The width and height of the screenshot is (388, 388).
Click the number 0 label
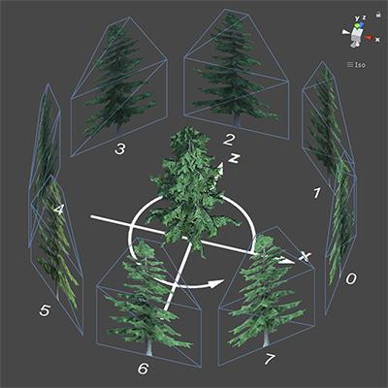(351, 278)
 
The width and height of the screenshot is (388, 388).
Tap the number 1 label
(316, 193)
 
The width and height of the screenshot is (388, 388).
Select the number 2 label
(228, 140)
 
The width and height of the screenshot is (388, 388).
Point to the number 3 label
(120, 149)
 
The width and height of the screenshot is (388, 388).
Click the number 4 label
(58, 210)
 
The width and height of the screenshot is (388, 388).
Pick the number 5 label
(44, 311)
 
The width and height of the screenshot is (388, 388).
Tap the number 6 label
(143, 369)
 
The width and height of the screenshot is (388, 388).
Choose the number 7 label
(269, 359)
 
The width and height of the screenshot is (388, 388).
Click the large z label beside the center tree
(234, 157)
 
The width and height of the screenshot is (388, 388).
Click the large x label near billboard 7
(304, 256)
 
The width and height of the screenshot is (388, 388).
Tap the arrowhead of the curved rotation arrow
(216, 283)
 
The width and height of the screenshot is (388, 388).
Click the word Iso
(360, 65)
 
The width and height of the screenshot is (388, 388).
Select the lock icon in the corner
(377, 15)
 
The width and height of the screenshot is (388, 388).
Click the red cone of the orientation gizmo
(368, 38)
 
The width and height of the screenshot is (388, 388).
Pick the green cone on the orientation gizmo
(357, 25)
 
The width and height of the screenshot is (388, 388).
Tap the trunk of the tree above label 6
(149, 347)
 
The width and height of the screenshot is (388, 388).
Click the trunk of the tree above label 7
(266, 339)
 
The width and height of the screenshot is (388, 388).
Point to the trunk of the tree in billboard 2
(237, 120)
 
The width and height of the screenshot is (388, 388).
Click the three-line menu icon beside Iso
(350, 65)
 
